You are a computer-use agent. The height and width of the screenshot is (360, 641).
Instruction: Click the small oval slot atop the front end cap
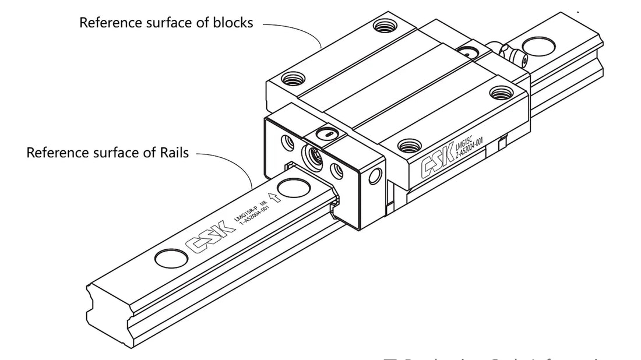coord(327,133)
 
